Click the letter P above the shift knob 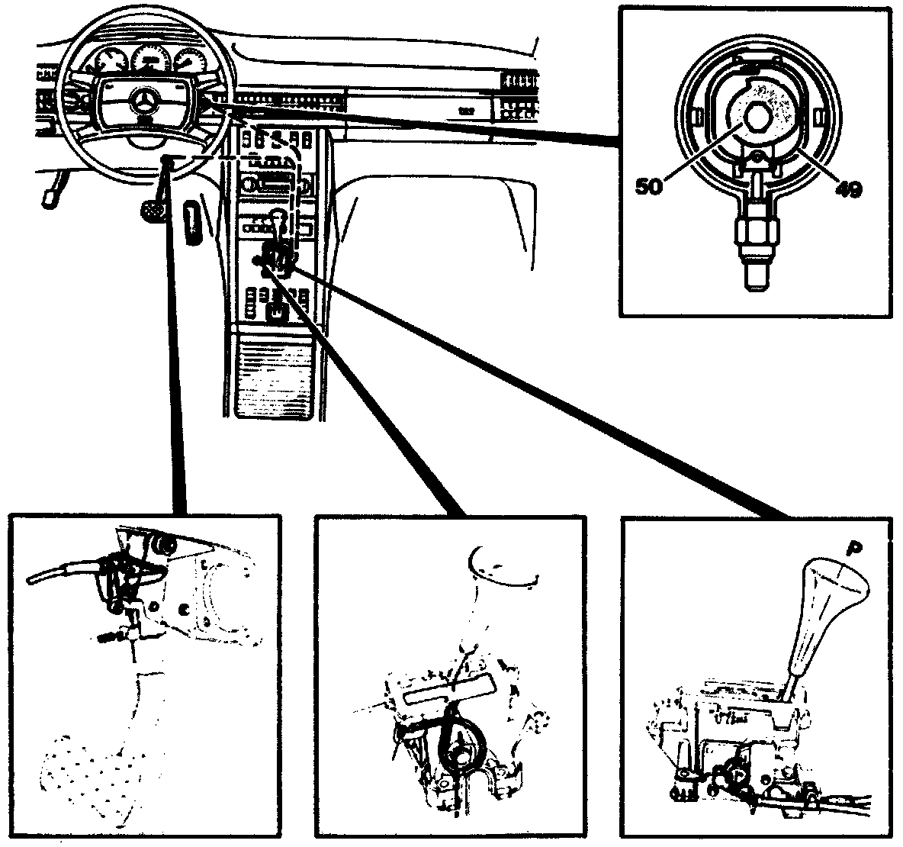[853, 548]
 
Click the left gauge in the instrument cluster [108, 63]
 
